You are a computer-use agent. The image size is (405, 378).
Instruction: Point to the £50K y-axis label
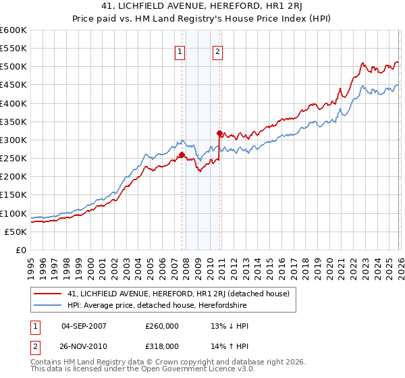16,232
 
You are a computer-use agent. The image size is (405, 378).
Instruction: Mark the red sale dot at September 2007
182,155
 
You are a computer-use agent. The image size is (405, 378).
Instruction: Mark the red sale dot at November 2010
219,133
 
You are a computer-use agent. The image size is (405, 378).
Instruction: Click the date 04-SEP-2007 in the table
83,325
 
